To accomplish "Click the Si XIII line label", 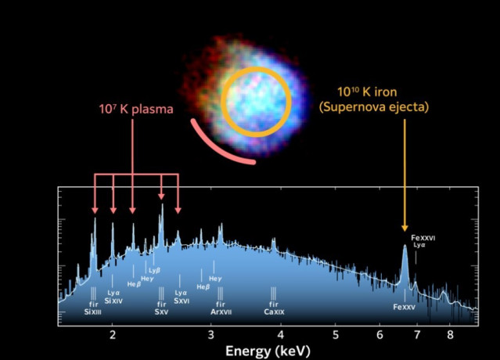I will pos(93,311).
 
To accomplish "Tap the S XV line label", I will pos(161,311).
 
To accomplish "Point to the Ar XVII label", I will pos(221,311).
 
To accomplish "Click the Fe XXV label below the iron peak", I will pos(404,308).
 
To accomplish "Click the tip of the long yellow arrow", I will pos(405,228).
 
